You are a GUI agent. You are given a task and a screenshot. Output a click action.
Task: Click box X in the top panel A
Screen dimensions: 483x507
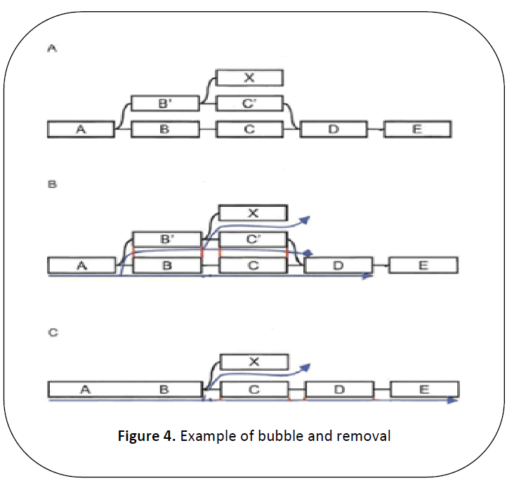tap(249, 77)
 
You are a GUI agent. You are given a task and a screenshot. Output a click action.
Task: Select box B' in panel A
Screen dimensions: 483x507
tap(164, 104)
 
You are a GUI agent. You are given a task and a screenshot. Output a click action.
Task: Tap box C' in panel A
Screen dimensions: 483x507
tap(249, 104)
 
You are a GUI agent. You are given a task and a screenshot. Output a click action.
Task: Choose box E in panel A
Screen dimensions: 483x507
tap(417, 129)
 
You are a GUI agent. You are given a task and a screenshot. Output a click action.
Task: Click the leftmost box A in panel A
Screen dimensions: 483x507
tap(81, 129)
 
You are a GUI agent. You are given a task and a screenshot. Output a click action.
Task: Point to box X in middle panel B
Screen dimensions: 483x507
tap(253, 213)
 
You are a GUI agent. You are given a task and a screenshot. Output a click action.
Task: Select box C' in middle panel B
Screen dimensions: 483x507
tap(253, 240)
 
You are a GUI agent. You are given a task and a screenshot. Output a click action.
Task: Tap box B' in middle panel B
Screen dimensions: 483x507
tap(167, 240)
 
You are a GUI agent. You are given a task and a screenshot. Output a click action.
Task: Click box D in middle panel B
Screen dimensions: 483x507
tap(338, 265)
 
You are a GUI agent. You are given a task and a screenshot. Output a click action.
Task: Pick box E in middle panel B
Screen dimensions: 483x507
tap(423, 265)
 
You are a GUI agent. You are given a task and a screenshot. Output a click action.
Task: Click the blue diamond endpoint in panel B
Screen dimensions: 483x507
tap(308, 252)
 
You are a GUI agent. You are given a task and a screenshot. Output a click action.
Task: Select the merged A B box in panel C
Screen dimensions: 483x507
tap(125, 390)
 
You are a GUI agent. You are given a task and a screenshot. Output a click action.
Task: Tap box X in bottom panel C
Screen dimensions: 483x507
tap(254, 362)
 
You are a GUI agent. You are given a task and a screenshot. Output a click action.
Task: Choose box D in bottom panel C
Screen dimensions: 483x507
tap(339, 390)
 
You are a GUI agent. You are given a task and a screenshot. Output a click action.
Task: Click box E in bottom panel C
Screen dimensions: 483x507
tap(425, 390)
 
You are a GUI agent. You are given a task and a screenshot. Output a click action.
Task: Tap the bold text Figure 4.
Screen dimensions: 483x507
tap(145, 436)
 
